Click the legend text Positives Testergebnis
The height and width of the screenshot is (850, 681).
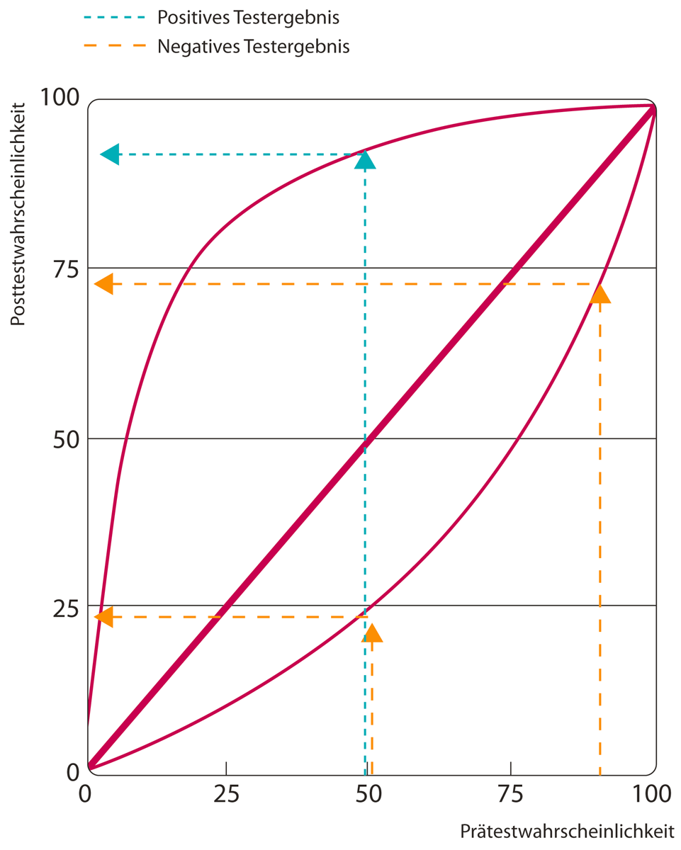248,16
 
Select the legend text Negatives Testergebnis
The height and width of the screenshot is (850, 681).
254,47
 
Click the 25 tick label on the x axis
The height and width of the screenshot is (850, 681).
226,794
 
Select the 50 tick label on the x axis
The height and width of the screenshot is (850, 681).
368,794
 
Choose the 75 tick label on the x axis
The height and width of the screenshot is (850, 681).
510,794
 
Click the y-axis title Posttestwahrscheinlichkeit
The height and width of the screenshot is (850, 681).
19,213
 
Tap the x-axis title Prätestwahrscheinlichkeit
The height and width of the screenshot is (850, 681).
568,830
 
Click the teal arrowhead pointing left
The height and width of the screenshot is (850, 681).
111,154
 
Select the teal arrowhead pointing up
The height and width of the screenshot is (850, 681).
365,160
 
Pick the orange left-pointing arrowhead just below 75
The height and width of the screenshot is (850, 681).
104,284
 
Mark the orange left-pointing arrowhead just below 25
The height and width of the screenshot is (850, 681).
104,616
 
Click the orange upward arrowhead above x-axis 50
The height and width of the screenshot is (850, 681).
372,633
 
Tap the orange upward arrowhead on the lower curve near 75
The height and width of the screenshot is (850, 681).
600,294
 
